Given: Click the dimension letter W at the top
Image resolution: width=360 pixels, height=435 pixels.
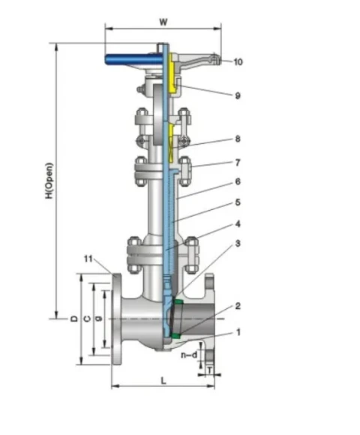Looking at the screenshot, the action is pyautogui.click(x=163, y=22).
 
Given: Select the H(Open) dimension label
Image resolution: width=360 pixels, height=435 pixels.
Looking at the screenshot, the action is pyautogui.click(x=49, y=181).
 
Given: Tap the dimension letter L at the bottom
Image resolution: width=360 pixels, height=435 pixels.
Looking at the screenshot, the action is pyautogui.click(x=163, y=381).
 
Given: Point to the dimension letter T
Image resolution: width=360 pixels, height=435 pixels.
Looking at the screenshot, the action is pyautogui.click(x=210, y=370).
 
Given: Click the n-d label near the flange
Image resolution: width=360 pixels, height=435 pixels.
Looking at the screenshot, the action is pyautogui.click(x=189, y=354).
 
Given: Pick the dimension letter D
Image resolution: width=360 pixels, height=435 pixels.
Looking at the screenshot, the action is pyautogui.click(x=74, y=319).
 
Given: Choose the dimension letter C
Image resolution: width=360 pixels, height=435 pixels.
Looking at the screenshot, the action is pyautogui.click(x=87, y=319).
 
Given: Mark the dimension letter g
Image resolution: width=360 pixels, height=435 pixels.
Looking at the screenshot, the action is pyautogui.click(x=98, y=319).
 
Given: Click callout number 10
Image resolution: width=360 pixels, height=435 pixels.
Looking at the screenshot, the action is pyautogui.click(x=238, y=61).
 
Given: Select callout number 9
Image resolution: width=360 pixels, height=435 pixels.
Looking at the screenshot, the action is pyautogui.click(x=238, y=96).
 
